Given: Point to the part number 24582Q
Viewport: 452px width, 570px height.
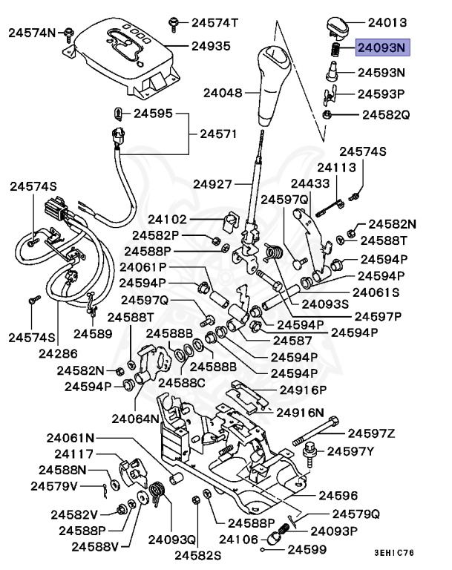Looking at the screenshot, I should pyautogui.click(x=386, y=115).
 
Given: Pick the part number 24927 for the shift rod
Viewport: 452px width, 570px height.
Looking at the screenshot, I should pyautogui.click(x=213, y=183).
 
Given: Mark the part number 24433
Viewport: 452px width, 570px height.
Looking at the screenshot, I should pyautogui.click(x=309, y=183).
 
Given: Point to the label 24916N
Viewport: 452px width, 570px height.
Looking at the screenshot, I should pyautogui.click(x=301, y=412).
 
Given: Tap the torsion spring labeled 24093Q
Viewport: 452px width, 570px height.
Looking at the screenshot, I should pyautogui.click(x=157, y=494).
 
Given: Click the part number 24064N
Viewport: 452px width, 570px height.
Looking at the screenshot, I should pyautogui.click(x=137, y=418).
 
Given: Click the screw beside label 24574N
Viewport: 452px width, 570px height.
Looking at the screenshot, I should pyautogui.click(x=68, y=31).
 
